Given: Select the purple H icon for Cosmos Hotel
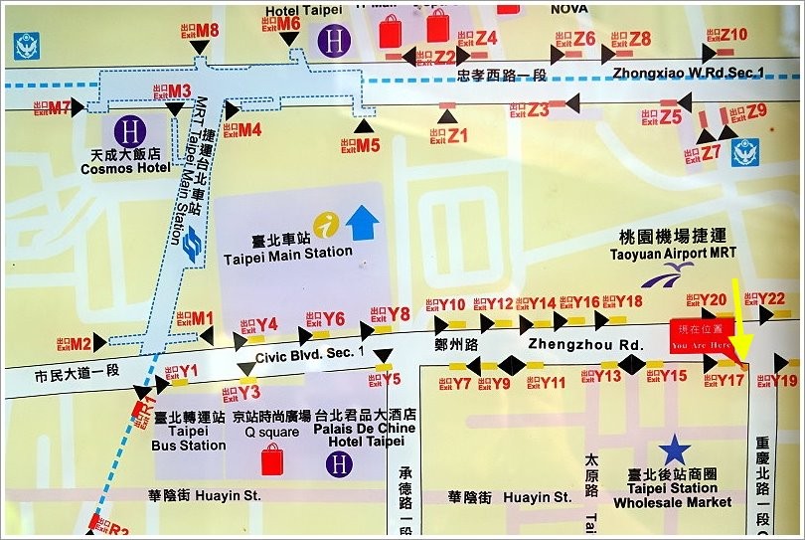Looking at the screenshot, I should pyautogui.click(x=127, y=129).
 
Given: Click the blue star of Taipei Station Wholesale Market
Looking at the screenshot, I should pyautogui.click(x=676, y=450).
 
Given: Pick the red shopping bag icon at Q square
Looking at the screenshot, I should pyautogui.click(x=271, y=460).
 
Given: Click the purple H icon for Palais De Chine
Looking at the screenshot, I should pyautogui.click(x=341, y=463).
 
